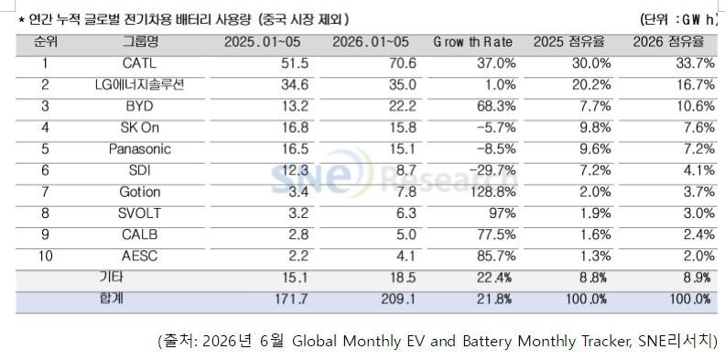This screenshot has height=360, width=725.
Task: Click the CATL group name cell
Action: click(140, 63)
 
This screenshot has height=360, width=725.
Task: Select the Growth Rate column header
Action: click(472, 42)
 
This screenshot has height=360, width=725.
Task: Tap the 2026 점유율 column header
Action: click(668, 42)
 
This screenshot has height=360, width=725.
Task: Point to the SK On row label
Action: click(140, 127)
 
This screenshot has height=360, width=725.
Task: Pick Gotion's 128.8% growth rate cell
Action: click(492, 191)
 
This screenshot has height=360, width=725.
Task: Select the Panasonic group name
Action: click(140, 149)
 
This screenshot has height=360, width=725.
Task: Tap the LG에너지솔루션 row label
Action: click(140, 84)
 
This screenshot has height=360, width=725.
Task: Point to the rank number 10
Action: click(45, 256)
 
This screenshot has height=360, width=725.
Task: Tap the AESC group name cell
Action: click(140, 256)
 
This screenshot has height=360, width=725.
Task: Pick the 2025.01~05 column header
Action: click(262, 42)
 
